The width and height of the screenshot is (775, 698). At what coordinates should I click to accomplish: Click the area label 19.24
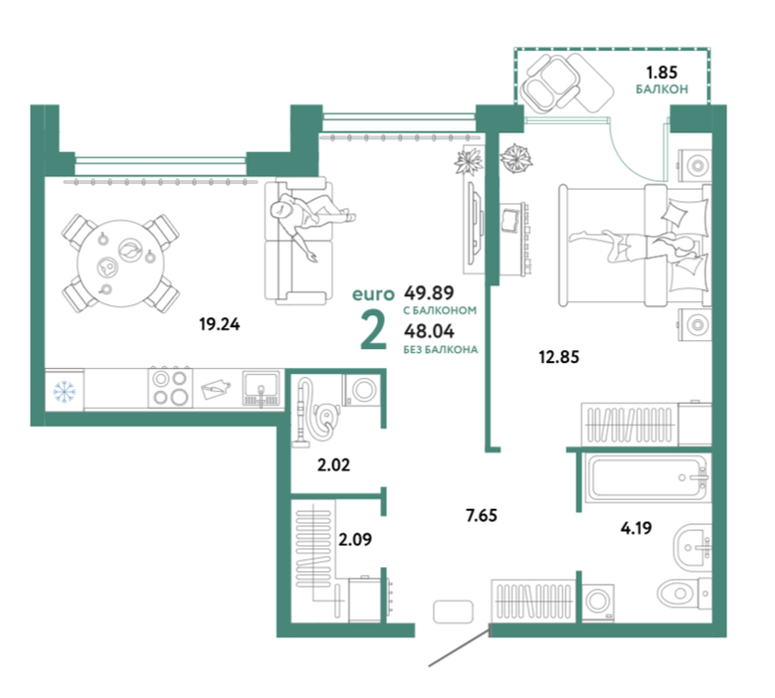(x=219, y=324)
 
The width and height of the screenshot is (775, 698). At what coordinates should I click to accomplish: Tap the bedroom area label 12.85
(x=559, y=356)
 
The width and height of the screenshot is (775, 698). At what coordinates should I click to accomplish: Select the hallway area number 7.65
(x=482, y=516)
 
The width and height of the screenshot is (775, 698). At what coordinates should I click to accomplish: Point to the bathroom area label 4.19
(x=636, y=528)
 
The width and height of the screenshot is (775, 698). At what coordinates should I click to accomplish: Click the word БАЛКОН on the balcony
(x=662, y=90)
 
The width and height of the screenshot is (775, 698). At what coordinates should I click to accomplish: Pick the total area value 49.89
(x=429, y=293)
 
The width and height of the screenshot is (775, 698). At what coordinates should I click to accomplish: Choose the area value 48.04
(x=429, y=330)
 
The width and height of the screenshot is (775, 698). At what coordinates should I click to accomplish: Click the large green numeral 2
(x=374, y=331)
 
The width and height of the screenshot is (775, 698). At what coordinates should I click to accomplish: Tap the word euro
(x=373, y=294)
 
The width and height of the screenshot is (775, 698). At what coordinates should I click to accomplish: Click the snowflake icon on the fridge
(x=64, y=391)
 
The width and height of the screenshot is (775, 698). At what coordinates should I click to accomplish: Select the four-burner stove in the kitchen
(x=171, y=388)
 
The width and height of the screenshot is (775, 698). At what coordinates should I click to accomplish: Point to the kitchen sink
(x=261, y=389)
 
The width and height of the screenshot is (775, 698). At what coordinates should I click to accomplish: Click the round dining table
(x=121, y=263)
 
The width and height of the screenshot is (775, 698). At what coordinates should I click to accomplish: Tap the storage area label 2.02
(x=333, y=465)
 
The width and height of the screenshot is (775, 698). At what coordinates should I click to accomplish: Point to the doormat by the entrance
(x=454, y=612)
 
